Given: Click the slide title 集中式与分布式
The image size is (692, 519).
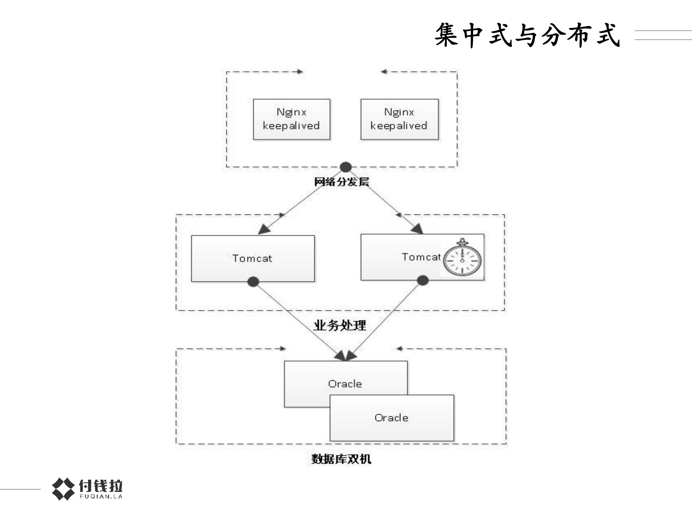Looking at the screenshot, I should pyautogui.click(x=527, y=35).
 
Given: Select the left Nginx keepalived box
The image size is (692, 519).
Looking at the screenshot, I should pyautogui.click(x=291, y=119).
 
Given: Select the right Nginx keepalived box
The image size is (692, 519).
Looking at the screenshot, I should pyautogui.click(x=399, y=119).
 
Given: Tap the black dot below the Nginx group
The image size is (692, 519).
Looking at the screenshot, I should pyautogui.click(x=345, y=167).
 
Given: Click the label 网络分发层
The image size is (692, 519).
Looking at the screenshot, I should pyautogui.click(x=341, y=181).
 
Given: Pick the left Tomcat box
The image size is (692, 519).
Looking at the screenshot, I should pyautogui.click(x=252, y=258).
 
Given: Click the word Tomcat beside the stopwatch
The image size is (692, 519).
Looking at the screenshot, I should pyautogui.click(x=421, y=257).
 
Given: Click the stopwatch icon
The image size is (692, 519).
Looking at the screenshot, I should pyautogui.click(x=462, y=258).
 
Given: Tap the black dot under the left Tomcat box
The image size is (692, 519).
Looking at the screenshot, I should pyautogui.click(x=254, y=282).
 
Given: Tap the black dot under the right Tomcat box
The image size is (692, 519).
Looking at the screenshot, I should pyautogui.click(x=422, y=280).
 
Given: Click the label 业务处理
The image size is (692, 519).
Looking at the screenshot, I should pyautogui.click(x=340, y=325).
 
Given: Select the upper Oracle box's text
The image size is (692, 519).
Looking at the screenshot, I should pyautogui.click(x=345, y=384).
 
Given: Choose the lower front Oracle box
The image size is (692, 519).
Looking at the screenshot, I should pyautogui.click(x=391, y=418).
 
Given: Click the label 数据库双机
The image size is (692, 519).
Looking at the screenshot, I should pyautogui.click(x=341, y=459).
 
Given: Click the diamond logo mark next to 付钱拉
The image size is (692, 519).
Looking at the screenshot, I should pyautogui.click(x=63, y=489).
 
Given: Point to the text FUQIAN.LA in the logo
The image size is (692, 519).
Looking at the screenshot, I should pyautogui.click(x=101, y=497).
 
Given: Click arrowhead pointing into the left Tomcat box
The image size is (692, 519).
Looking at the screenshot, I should pyautogui.click(x=264, y=229).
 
